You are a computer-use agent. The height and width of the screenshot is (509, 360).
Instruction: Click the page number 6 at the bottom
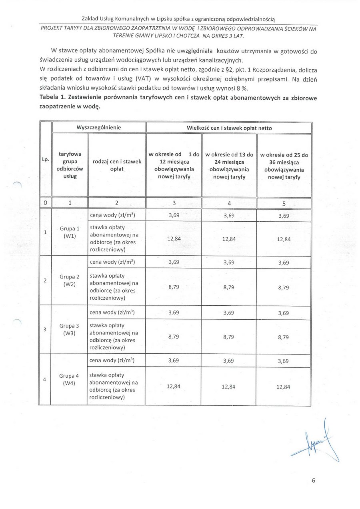tap(314, 481)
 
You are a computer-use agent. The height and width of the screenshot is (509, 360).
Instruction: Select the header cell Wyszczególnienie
tap(98, 128)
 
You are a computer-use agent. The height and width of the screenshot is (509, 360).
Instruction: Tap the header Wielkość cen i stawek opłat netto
tap(229, 128)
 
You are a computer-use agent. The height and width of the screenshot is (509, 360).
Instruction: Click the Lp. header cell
tap(45, 159)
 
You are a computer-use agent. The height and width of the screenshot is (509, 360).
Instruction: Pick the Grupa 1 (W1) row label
tap(70, 232)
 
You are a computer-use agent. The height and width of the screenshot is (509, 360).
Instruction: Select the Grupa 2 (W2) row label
tap(70, 281)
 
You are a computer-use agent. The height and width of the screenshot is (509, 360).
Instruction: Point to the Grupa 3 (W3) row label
tap(70, 329)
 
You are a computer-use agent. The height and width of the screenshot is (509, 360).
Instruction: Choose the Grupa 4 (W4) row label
tap(70, 379)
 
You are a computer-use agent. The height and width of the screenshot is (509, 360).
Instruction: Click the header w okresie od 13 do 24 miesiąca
tap(229, 166)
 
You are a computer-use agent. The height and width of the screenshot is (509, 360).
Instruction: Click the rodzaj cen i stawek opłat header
tap(117, 165)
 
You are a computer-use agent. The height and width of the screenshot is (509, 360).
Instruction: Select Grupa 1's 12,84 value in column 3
tap(174, 238)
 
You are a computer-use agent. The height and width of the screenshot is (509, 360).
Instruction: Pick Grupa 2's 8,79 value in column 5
tap(283, 287)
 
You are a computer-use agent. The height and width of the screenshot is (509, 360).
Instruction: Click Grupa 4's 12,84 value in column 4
tap(229, 387)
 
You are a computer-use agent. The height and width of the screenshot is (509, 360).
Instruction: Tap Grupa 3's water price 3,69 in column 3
tap(174, 312)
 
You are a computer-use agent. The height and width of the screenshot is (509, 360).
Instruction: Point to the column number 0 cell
tap(46, 203)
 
